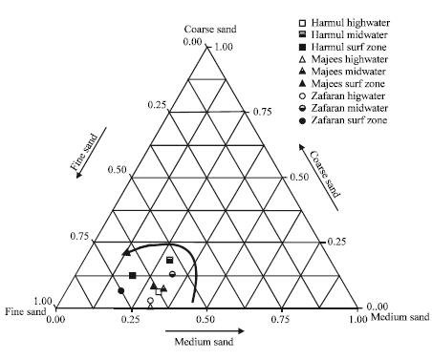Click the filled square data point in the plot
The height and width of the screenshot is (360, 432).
[x=133, y=276]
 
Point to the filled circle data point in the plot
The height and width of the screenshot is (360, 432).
[x=120, y=290]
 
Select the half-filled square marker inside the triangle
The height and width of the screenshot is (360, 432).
[x=170, y=260]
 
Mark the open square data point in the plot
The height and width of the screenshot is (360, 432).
[x=159, y=290]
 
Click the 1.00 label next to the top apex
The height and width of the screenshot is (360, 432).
[x=225, y=45]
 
